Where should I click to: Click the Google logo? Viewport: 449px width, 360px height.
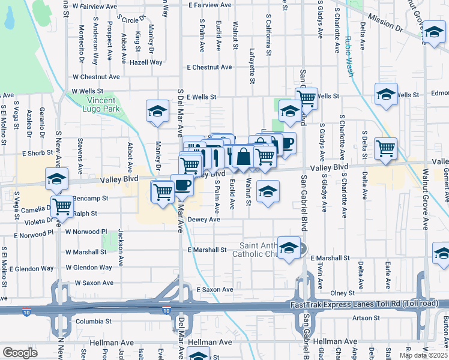coord(20,353)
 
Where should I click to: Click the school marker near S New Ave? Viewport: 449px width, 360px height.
coord(56,178)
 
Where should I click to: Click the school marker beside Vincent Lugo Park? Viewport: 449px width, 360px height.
coord(157,111)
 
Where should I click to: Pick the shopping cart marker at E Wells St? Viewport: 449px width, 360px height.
coord(306,97)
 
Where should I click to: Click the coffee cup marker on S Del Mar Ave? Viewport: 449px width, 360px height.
coord(182,185)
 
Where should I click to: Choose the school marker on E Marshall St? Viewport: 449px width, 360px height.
coord(289,248)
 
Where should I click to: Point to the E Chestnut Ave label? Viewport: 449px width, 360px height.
coord(209,67)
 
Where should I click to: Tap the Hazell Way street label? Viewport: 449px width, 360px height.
coord(147,62)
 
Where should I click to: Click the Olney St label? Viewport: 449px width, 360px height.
coord(343,293)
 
